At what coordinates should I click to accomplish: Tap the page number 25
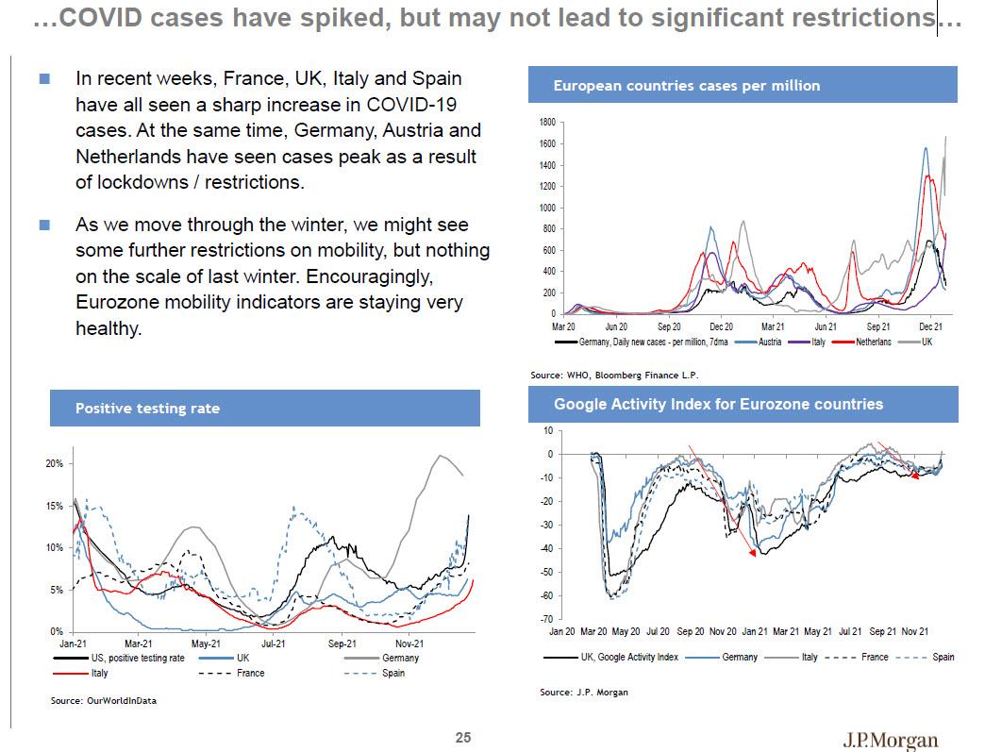coord(463,737)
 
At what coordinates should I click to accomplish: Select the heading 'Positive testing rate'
coord(147,409)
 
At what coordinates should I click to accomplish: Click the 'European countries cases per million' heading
coord(687,86)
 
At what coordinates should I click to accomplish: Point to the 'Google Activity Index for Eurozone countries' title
coord(718,404)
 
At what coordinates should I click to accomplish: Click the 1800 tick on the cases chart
coord(548,123)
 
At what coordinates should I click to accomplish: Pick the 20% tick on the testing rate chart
coord(54,464)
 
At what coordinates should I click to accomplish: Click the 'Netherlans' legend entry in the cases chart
coord(873,342)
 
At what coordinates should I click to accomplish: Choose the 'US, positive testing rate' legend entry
coord(131,658)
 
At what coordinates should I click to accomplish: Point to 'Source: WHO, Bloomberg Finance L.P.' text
coord(613,375)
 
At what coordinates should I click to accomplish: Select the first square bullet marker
coord(44,80)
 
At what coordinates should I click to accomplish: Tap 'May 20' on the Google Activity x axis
coord(626,631)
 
